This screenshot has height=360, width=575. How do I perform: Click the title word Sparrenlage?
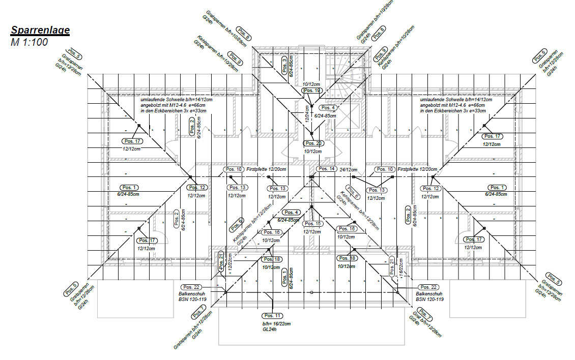click(40, 30)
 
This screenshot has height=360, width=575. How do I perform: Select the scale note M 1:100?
click(29, 42)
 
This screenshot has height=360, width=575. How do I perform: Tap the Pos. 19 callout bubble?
click(311, 91)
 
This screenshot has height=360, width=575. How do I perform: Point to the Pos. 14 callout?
click(326, 169)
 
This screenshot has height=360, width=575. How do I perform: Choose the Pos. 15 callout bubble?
click(312, 224)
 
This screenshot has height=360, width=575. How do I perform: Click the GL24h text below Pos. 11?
click(270, 329)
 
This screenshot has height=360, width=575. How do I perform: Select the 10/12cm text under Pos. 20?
click(313, 152)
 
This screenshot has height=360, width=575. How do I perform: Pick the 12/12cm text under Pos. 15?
click(312, 231)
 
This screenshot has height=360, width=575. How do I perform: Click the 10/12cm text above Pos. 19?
click(311, 84)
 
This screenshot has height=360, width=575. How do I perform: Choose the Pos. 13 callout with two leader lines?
click(377, 190)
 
